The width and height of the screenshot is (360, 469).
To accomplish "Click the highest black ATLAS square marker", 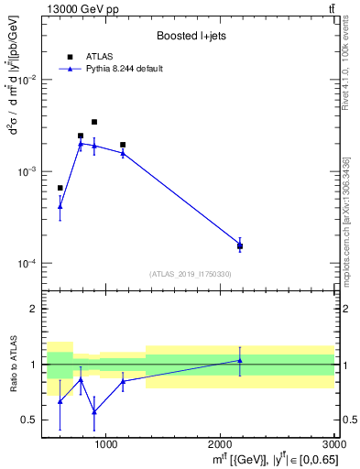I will (93, 122).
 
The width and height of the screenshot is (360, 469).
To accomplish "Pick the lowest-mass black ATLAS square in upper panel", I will (60, 188).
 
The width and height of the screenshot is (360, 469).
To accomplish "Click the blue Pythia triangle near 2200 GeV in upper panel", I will (240, 245).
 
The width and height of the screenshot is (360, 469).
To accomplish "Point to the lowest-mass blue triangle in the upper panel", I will (60, 206).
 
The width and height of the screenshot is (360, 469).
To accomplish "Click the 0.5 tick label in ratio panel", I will (31, 420).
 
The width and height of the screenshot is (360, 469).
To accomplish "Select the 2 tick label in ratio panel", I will (35, 310).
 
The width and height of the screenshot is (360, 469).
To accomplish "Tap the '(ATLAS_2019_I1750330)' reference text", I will (190, 274).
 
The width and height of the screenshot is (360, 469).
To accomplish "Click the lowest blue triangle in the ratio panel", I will (93, 411).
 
